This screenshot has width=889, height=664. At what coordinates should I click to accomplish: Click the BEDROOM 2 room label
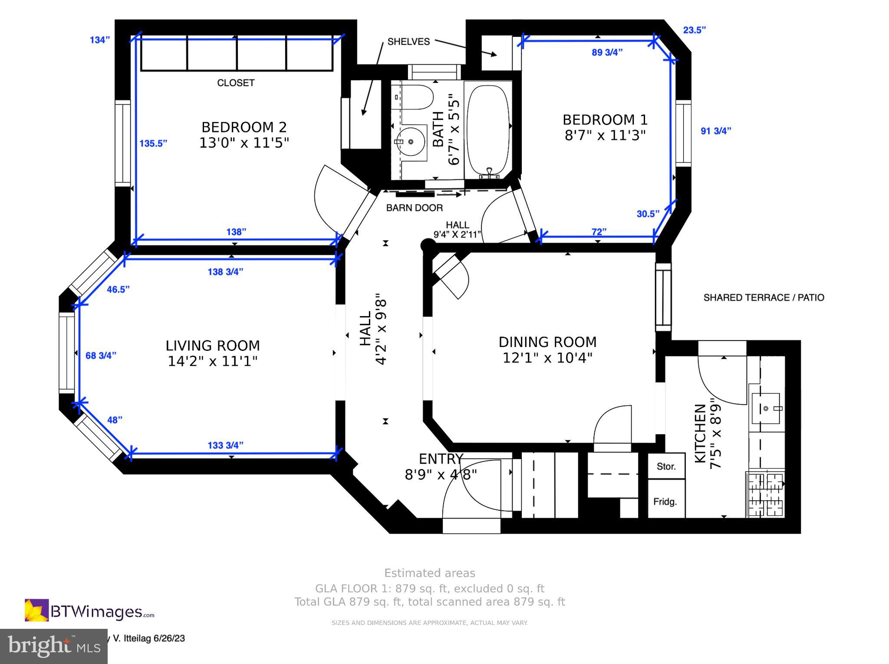(244, 127)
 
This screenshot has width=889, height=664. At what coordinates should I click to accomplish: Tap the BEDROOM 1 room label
(605, 120)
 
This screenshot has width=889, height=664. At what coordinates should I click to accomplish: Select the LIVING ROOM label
(213, 346)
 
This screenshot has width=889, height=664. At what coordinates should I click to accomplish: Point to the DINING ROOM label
(547, 342)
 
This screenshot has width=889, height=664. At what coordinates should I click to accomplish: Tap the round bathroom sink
(411, 141)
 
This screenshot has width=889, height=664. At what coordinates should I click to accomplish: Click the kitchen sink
(766, 408)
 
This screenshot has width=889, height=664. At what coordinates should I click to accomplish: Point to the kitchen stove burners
(765, 494)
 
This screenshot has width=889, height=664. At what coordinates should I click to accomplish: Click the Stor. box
(666, 466)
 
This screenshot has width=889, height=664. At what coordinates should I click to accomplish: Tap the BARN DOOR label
(415, 208)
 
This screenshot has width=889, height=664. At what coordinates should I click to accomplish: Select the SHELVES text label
(408, 42)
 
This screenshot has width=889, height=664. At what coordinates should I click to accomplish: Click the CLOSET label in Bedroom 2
(236, 83)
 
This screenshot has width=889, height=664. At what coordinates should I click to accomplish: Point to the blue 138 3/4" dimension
(225, 272)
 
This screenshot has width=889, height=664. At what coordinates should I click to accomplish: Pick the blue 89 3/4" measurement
(607, 53)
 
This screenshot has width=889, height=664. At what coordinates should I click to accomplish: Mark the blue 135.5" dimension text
(153, 143)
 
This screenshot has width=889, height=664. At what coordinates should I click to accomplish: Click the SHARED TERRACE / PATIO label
(764, 297)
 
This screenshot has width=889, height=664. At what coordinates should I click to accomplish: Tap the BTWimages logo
(89, 610)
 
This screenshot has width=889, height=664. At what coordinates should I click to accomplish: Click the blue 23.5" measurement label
(695, 30)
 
